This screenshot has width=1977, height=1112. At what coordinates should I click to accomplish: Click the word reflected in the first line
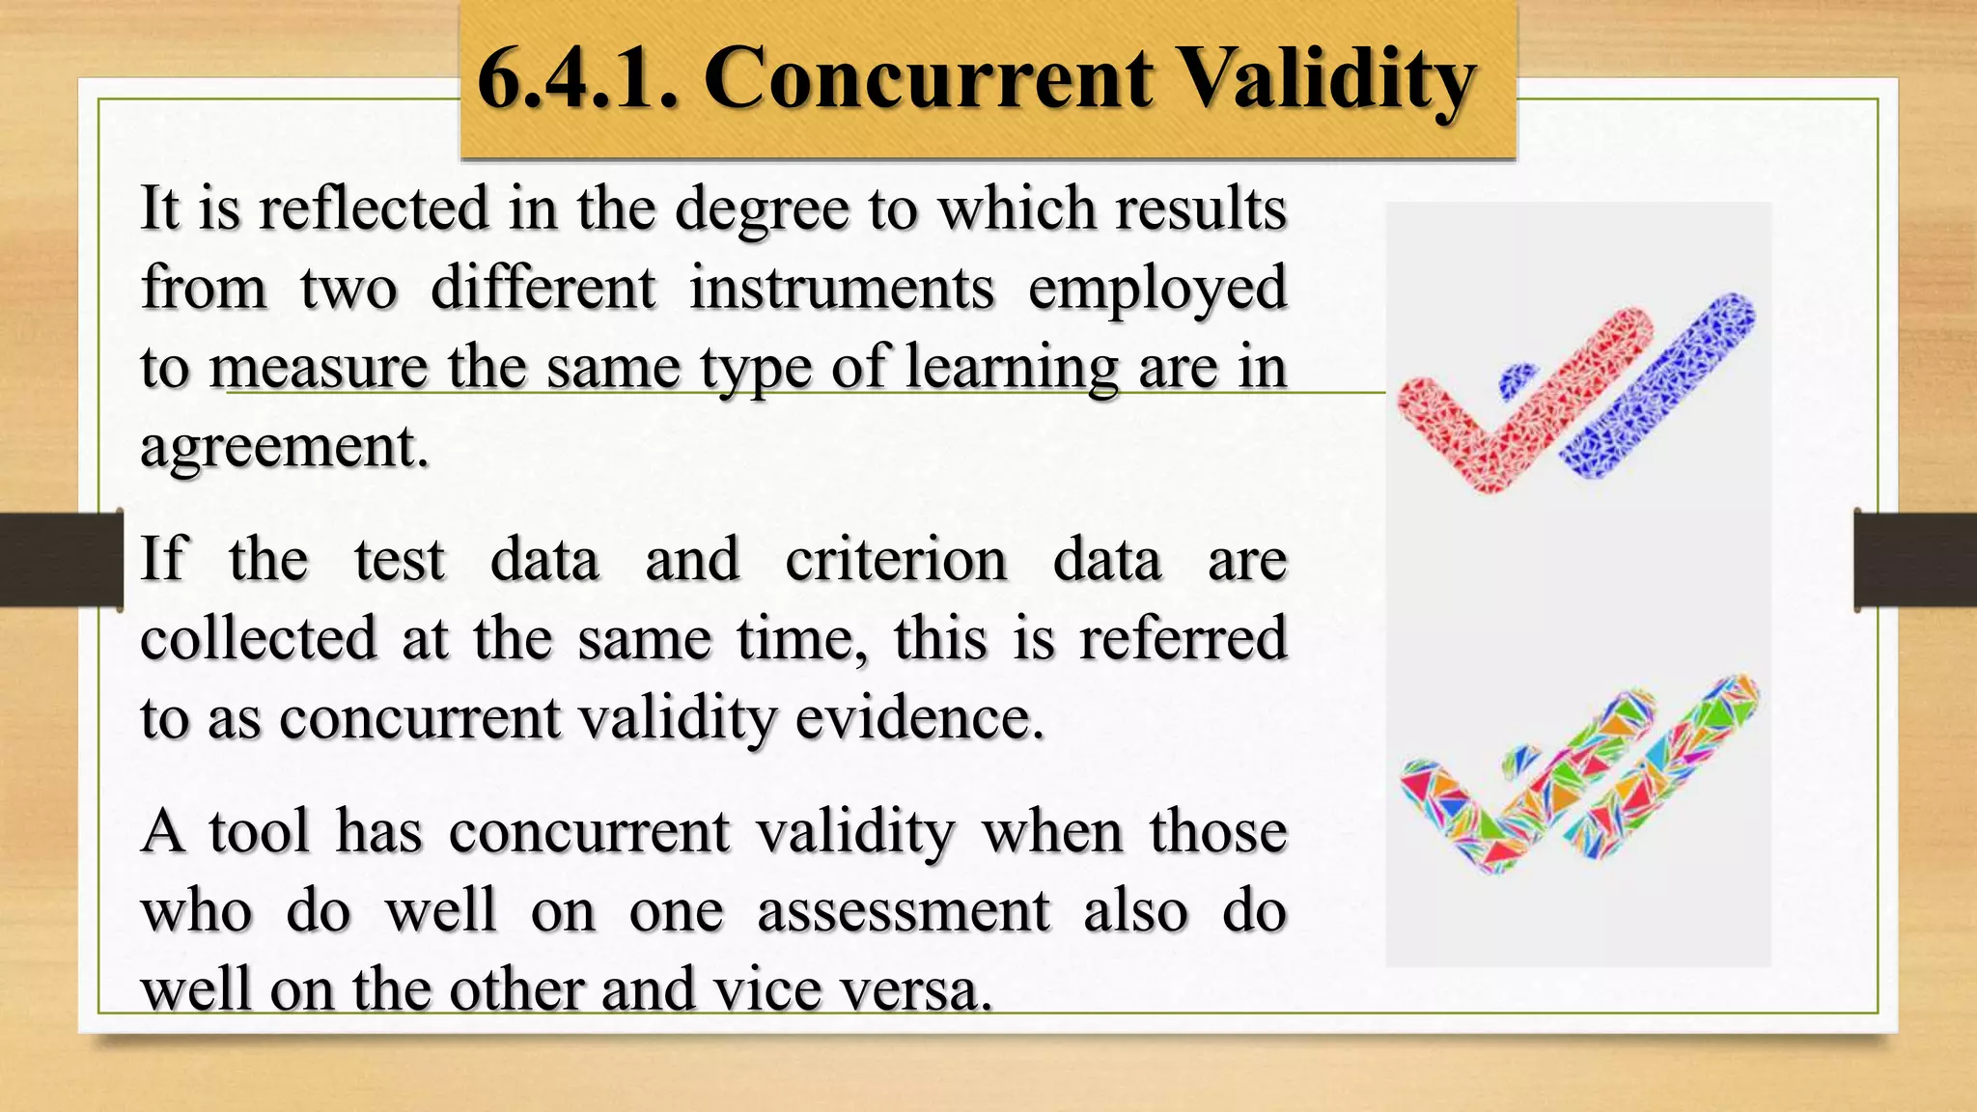pyautogui.click(x=374, y=208)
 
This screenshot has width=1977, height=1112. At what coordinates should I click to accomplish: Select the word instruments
pyautogui.click(x=841, y=288)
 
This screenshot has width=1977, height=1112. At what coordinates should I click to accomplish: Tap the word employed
pyautogui.click(x=1157, y=290)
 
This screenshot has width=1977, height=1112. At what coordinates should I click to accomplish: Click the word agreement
pyautogui.click(x=284, y=446)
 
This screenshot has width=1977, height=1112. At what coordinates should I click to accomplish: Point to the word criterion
pyautogui.click(x=896, y=560)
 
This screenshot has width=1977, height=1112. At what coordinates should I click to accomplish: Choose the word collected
pyautogui.click(x=258, y=638)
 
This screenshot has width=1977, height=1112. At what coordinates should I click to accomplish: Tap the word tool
pyautogui.click(x=260, y=831)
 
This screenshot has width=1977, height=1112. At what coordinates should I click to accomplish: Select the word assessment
pyautogui.click(x=903, y=910)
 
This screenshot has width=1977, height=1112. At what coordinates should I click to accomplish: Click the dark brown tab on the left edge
pyautogui.click(x=60, y=560)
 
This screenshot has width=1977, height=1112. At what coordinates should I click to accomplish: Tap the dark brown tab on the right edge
pyautogui.click(x=1916, y=560)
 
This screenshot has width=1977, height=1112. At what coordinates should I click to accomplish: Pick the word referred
pyautogui.click(x=1183, y=638)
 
